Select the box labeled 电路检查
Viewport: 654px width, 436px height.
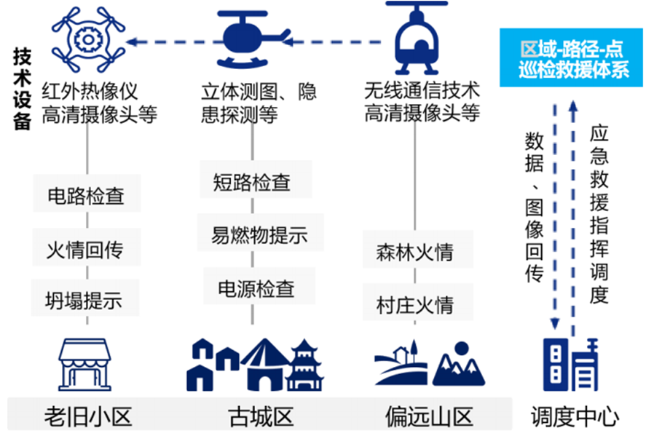point(86,196)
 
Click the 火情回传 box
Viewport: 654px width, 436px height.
point(86,249)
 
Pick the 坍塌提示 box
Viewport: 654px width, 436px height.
point(86,300)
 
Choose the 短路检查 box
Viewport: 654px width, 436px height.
point(252,181)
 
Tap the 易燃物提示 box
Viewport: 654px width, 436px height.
point(259,235)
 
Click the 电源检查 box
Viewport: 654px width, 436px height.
point(256,288)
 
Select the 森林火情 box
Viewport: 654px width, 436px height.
point(414,252)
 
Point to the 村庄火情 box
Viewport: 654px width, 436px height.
point(414,304)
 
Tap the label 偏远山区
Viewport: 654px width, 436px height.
point(429,416)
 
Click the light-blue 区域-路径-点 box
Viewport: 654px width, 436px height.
point(571,59)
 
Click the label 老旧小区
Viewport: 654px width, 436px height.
point(88,416)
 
